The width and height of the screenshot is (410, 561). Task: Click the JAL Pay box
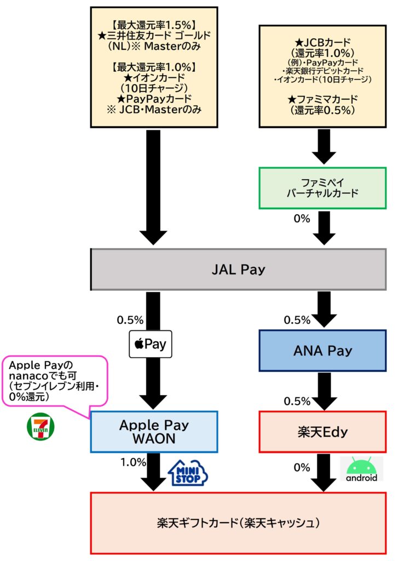pyautogui.click(x=238, y=270)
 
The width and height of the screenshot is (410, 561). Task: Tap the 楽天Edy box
pyautogui.click(x=322, y=432)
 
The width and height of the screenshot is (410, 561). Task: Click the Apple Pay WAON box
pyautogui.click(x=154, y=432)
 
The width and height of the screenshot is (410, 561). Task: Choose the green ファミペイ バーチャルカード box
pyautogui.click(x=322, y=188)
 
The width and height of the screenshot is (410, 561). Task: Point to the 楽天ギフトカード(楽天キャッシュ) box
pyautogui.click(x=238, y=523)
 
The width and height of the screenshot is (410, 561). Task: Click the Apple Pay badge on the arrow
pyautogui.click(x=150, y=345)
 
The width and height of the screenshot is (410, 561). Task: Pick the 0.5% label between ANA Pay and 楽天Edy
pyautogui.click(x=297, y=401)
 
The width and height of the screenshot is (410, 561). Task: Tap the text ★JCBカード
pyautogui.click(x=322, y=42)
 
